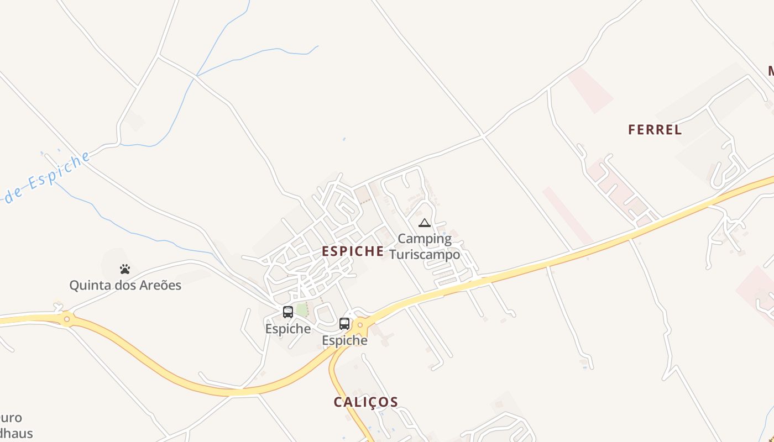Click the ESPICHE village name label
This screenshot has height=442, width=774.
[x=353, y=251]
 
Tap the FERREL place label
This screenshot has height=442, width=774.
[x=655, y=130]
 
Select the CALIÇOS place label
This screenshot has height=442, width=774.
[x=365, y=402]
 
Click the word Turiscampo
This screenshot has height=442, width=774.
[x=425, y=255]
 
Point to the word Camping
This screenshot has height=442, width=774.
[x=425, y=239]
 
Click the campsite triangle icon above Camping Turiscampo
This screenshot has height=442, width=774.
[x=425, y=223]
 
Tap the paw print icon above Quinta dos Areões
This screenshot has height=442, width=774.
[x=125, y=269]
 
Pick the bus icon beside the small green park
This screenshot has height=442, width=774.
[x=287, y=312]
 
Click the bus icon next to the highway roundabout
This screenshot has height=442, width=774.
[x=344, y=323]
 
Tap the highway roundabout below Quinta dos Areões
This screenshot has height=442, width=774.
[x=67, y=319]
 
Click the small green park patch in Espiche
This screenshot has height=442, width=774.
[x=301, y=309]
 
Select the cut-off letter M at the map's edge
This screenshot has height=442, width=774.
[x=770, y=71]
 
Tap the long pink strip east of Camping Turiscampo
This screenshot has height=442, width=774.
[x=568, y=215]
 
